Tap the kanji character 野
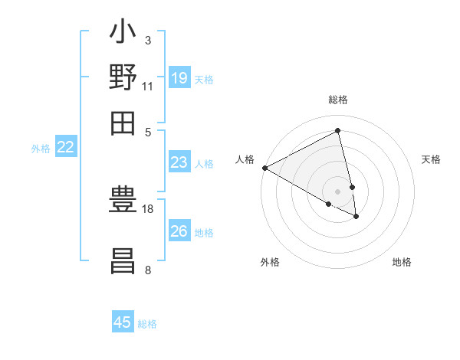click(123, 78)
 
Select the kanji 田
click(123, 122)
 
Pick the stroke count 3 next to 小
click(147, 40)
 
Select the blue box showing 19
click(179, 77)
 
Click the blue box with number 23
click(179, 162)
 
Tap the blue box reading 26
click(179, 231)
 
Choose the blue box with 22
click(65, 147)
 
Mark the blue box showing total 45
click(123, 322)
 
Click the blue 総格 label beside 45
click(147, 324)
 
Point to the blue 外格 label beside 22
click(40, 149)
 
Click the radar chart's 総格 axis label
click(338, 100)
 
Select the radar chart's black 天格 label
click(431, 159)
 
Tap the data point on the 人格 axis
click(264, 168)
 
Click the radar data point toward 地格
click(356, 216)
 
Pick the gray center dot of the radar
click(338, 191)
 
